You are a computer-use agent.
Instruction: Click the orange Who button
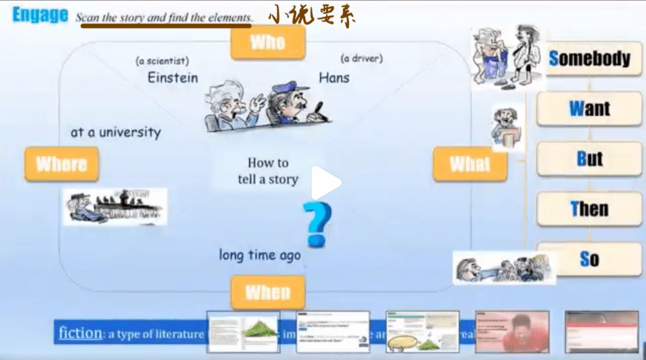coord(268,42)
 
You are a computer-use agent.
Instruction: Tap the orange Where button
coord(62,164)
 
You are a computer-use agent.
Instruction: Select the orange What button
coord(470,164)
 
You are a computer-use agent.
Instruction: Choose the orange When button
coord(267,292)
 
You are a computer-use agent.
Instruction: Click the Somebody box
coord(589,59)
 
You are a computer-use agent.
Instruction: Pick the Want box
coord(589,109)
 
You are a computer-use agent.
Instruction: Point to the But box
coord(589,159)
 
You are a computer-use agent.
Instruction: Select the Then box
coord(589,209)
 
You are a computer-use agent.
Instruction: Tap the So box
coord(589,259)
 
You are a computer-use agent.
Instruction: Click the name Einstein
coord(172,78)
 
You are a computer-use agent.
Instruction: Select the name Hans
coord(334,77)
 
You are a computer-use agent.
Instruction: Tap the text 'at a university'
coord(115,132)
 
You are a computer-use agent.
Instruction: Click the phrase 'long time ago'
coord(260,255)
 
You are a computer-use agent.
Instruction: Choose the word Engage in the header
coord(40,15)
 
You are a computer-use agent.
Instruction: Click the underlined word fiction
coord(80,332)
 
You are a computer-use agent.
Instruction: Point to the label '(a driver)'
coord(361,59)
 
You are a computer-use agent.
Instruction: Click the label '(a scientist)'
coord(162,60)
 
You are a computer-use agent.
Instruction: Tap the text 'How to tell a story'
coord(268,170)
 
